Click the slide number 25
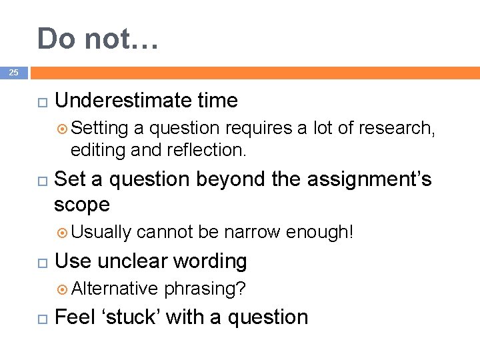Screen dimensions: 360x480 [14, 72]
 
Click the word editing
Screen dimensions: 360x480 [99, 151]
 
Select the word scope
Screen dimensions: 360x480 [81, 204]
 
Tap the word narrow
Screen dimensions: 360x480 [252, 232]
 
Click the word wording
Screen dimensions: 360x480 [213, 261]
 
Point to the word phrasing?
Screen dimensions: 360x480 [205, 289]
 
